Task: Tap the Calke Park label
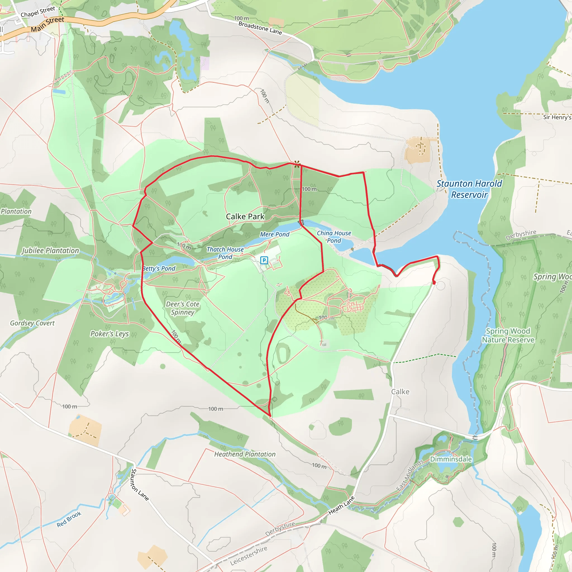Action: pos(245,216)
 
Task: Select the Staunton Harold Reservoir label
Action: pos(469,189)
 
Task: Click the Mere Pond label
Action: pos(275,234)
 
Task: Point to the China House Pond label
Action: pos(334,237)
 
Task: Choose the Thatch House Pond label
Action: pos(225,253)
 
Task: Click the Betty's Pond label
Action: pos(159,268)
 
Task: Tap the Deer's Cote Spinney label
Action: pos(182,308)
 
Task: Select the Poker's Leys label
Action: pos(109,334)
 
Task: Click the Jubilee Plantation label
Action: pos(50,251)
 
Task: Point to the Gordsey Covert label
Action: pos(32,323)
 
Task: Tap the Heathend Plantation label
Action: pos(245,454)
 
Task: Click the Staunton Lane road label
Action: pos(140,485)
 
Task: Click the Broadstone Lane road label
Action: pos(260,28)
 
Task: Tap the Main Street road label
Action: pos(47,24)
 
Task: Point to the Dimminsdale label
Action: pos(451,459)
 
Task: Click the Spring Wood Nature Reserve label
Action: pos(508,335)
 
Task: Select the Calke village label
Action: pos(400,392)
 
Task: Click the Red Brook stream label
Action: pos(69,519)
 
